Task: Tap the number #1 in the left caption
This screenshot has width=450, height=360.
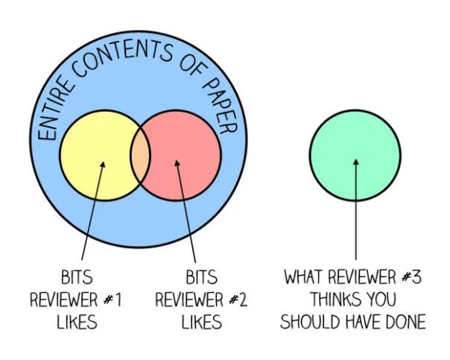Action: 112,300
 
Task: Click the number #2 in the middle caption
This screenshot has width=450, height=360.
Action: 238,300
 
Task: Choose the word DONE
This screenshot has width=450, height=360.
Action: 404,323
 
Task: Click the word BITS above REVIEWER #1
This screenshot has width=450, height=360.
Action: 76,278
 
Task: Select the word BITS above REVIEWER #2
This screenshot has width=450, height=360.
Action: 201,278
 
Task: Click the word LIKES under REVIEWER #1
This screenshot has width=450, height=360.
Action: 76,322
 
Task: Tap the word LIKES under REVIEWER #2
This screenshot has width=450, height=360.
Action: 201,322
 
